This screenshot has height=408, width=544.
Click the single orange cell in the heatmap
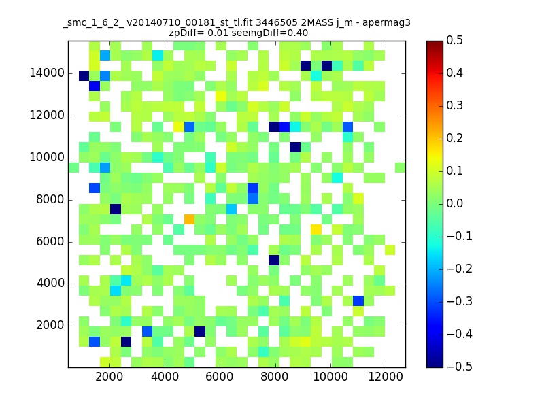pos(189,219)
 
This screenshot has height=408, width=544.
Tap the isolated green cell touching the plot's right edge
pos(401,167)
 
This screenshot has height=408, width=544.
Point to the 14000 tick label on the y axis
pos(47,73)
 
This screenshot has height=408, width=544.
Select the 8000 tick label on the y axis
pos(50,199)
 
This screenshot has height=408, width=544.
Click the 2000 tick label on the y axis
pos(50,326)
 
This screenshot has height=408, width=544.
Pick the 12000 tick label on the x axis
pos(386,377)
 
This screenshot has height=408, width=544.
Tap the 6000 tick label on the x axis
pos(220,377)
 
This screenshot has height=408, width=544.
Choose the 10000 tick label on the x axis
pos(330,377)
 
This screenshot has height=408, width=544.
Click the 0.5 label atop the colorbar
pos(454,40)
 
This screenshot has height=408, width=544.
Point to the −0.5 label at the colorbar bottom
pos(460,367)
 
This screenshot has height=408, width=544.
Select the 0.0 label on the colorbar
pos(454,203)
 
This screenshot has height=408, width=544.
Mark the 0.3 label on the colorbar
pos(454,105)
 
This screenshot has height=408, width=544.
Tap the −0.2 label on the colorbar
pos(460,269)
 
